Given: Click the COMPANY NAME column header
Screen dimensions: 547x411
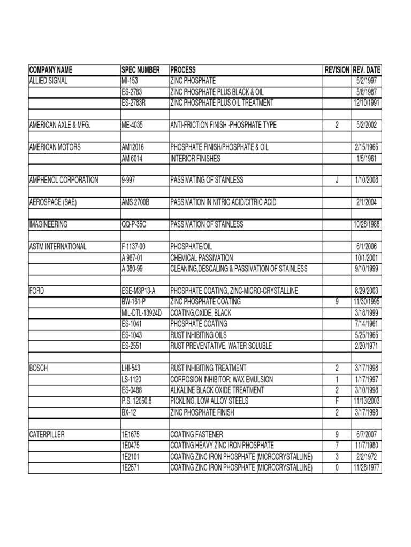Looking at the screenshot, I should pyautogui.click(x=50, y=70).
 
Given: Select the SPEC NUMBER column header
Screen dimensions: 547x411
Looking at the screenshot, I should pyautogui.click(x=141, y=70).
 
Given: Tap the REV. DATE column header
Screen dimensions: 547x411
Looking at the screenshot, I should pyautogui.click(x=367, y=70).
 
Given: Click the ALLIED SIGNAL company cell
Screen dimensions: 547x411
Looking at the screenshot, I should pyautogui.click(x=48, y=81).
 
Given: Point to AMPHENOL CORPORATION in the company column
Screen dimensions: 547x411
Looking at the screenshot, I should pyautogui.click(x=63, y=181).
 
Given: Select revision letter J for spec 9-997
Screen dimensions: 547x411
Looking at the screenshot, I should pyautogui.click(x=337, y=181).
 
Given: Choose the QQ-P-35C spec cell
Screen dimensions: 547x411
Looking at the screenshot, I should pyautogui.click(x=134, y=224).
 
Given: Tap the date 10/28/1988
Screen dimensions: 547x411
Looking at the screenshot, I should pyautogui.click(x=367, y=224).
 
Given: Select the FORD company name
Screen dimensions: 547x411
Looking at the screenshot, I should pyautogui.click(x=36, y=291).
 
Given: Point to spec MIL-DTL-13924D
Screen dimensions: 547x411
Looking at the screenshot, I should pyautogui.click(x=142, y=313).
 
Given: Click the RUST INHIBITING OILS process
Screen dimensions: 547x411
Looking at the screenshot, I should pyautogui.click(x=201, y=335).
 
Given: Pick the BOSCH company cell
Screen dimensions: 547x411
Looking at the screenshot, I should pyautogui.click(x=39, y=368).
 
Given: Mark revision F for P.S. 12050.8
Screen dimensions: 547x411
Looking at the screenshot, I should pyautogui.click(x=337, y=401).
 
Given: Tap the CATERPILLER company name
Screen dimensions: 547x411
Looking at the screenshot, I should pyautogui.click(x=47, y=435).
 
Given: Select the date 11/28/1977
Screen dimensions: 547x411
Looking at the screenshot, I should pyautogui.click(x=367, y=468).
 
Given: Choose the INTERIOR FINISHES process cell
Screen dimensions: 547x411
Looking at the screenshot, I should pyautogui.click(x=195, y=159).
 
